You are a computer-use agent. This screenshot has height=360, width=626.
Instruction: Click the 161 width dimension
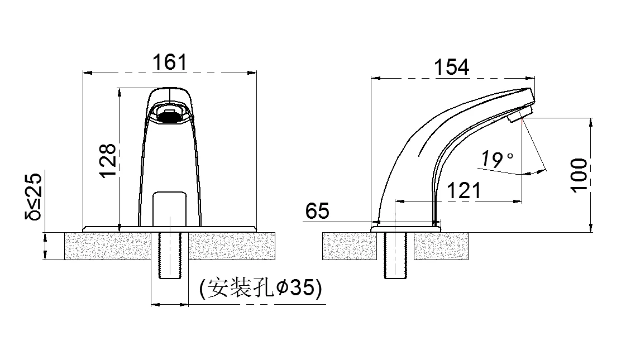[x=170, y=63]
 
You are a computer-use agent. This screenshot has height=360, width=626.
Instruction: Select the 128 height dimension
[x=107, y=160]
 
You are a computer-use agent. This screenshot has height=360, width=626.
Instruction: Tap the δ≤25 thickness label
[x=33, y=196]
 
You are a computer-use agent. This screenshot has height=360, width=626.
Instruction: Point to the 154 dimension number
[x=452, y=67]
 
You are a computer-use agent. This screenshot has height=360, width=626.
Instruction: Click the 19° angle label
[x=496, y=160]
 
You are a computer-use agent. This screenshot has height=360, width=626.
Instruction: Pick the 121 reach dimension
[x=464, y=191]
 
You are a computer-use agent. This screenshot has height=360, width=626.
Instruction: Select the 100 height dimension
[x=579, y=175]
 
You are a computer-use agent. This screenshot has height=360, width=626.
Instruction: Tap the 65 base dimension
[x=317, y=211]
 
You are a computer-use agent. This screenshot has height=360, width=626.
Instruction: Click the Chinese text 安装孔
[x=240, y=288]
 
